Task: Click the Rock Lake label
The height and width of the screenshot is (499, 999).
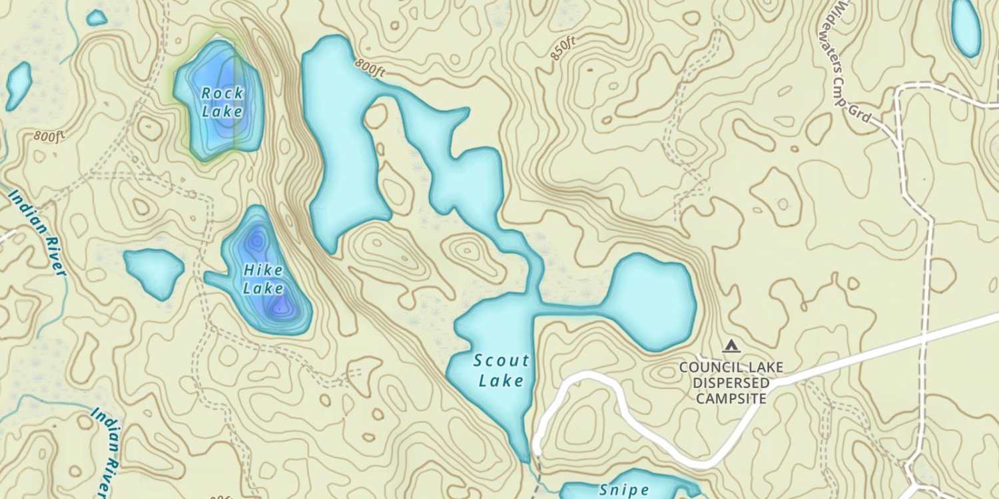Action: tap(222, 102)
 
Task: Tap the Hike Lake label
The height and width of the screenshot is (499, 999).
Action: tap(263, 279)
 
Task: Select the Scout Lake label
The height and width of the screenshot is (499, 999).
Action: tap(501, 371)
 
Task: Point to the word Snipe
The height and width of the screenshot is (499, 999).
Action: tap(625, 490)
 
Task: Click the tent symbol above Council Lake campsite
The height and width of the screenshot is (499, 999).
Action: tap(731, 346)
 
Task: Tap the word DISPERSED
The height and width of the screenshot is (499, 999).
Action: tap(731, 383)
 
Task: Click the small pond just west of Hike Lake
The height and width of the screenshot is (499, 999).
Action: tap(154, 270)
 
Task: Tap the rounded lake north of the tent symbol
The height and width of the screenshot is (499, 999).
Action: tap(651, 301)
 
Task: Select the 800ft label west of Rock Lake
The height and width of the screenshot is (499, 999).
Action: tap(50, 137)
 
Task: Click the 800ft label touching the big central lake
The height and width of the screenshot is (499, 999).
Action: tap(370, 67)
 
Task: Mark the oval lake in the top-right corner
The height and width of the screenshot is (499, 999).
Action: tap(966, 27)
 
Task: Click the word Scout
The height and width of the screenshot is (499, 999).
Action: tap(501, 361)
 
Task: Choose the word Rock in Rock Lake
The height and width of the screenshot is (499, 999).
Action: tap(222, 93)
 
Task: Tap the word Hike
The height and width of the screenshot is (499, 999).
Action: tap(263, 271)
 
